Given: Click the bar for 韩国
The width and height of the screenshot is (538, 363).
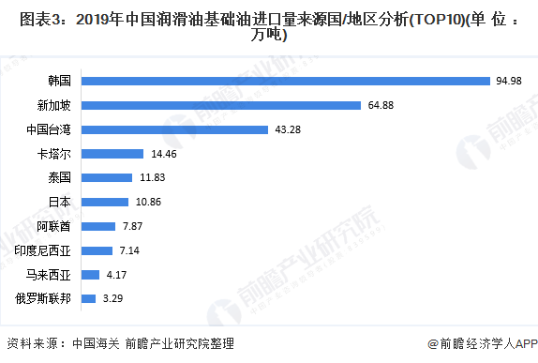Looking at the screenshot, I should click(x=287, y=81).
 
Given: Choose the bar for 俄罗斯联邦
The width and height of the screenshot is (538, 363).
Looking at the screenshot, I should click(x=89, y=299).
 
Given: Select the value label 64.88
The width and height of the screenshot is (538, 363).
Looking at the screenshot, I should click(x=381, y=105).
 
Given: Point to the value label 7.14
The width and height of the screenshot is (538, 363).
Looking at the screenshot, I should click(x=127, y=250).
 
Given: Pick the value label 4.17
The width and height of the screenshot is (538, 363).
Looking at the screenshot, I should click(x=117, y=275).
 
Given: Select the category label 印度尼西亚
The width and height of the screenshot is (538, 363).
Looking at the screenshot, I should click(x=43, y=250).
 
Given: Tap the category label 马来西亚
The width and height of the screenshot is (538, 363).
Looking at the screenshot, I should click(x=49, y=275).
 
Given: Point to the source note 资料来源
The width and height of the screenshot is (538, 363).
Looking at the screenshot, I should click(x=119, y=343).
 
